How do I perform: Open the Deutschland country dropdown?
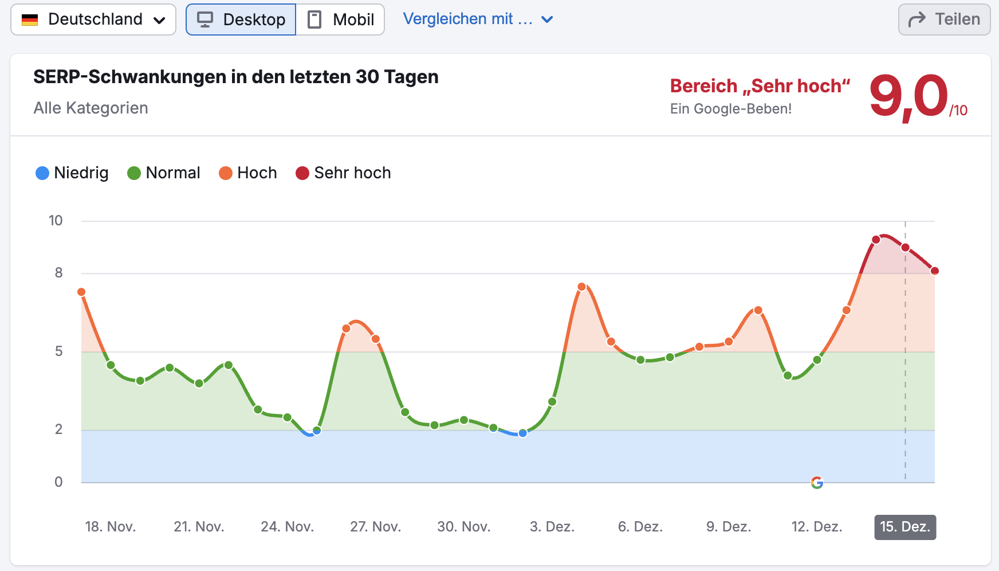pos(93,19)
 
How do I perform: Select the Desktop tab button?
pos(241,19)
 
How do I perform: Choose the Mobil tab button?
pos(341,19)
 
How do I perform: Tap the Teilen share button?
pos(944,19)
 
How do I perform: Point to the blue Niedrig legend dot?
pos(42,173)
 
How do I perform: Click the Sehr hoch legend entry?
pos(343,173)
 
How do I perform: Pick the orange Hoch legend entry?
pos(248,173)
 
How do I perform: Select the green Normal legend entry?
pos(164,173)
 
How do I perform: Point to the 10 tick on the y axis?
pos(56,221)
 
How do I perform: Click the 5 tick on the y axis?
pos(58,351)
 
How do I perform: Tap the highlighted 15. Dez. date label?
pos(905,527)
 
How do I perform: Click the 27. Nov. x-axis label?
pos(375,527)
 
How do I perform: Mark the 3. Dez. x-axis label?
pos(552,527)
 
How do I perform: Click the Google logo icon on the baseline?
pos(817,483)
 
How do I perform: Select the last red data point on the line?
pos(935,271)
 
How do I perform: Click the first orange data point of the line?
pos(81,292)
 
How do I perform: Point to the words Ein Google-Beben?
pos(731,109)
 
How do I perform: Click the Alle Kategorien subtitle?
pos(91,108)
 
